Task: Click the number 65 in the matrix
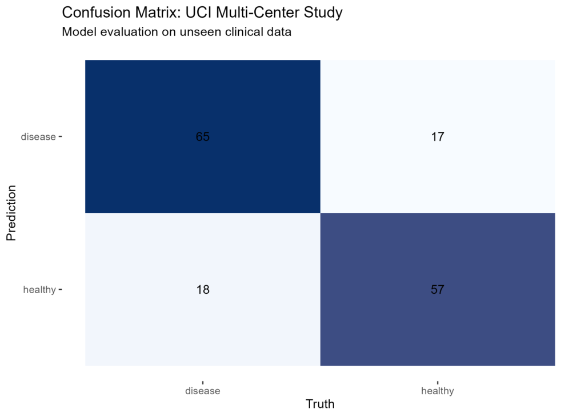pyautogui.click(x=203, y=137)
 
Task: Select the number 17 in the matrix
pyautogui.click(x=438, y=137)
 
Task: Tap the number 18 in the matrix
pyautogui.click(x=203, y=289)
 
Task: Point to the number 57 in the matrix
pyautogui.click(x=438, y=289)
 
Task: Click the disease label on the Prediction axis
pyautogui.click(x=38, y=137)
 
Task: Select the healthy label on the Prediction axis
pyautogui.click(x=39, y=290)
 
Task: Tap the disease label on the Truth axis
pyautogui.click(x=203, y=391)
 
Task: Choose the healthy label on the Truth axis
pyautogui.click(x=438, y=391)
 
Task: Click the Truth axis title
pyautogui.click(x=320, y=404)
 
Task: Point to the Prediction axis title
pyautogui.click(x=11, y=212)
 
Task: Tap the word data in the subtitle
pyautogui.click(x=279, y=32)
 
